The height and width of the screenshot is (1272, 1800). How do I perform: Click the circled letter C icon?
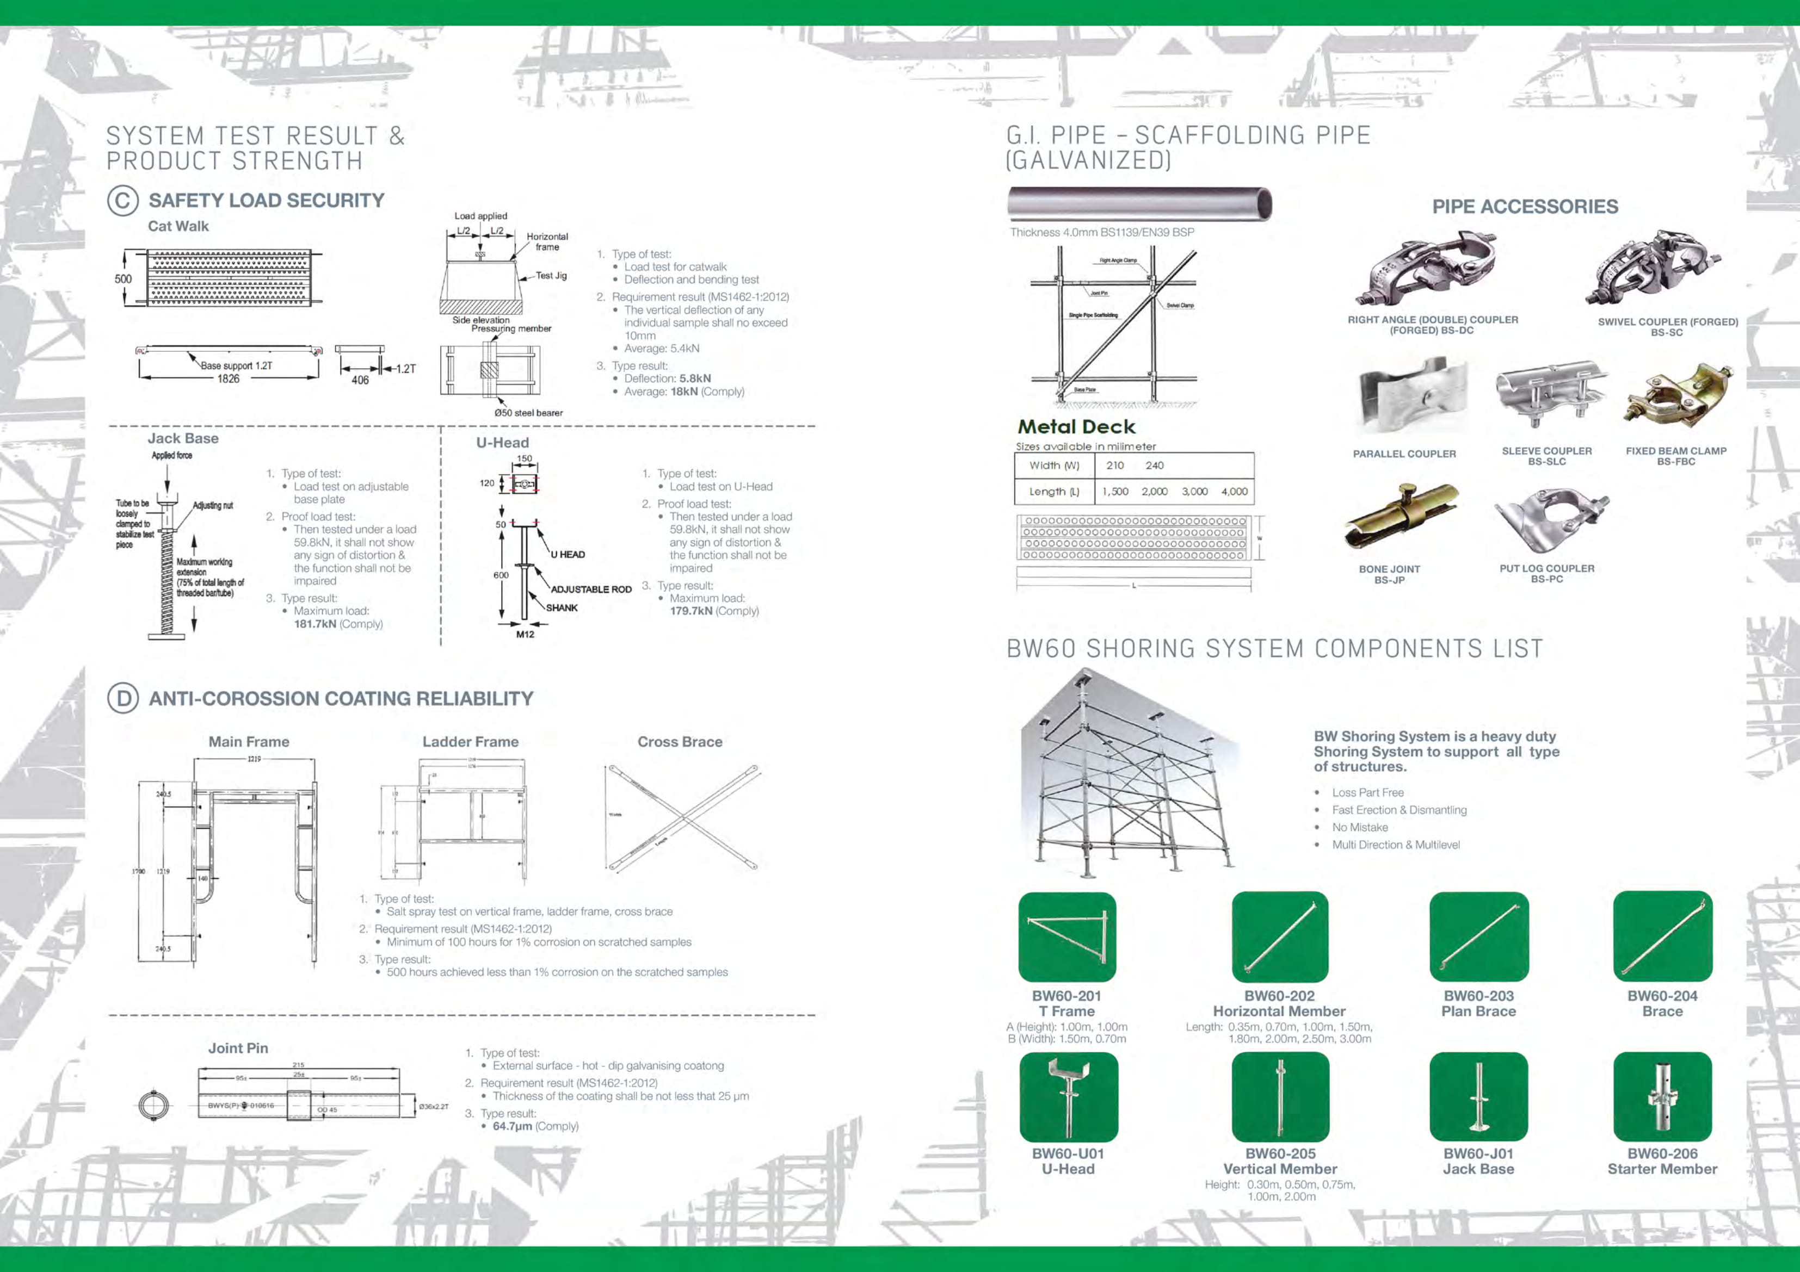coord(123,201)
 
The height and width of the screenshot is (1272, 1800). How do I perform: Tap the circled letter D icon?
coord(123,698)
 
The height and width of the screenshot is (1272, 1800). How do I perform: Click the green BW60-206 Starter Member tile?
coord(1662,1096)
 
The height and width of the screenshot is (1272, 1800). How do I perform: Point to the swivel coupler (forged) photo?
coord(1652,268)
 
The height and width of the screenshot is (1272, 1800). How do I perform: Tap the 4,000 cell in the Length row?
coord(1234,492)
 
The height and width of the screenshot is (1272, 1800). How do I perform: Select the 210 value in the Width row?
coord(1115,466)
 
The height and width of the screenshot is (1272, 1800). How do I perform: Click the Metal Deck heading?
coord(1076,427)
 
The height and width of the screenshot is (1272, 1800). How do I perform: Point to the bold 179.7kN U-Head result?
coord(691,611)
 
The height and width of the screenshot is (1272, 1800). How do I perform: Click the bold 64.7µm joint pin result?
coord(513,1126)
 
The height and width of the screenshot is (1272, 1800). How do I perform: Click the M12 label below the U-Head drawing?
coord(525,634)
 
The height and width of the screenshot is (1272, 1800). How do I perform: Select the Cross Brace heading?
coord(680,741)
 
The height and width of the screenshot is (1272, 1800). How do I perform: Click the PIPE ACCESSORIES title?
coord(1525,206)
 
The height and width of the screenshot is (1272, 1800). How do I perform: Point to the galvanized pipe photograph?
coord(1139,204)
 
